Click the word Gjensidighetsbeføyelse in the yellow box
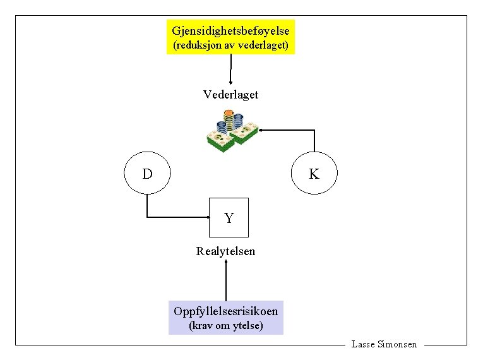(230, 30)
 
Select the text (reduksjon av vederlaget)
(230, 45)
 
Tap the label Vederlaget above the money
(230, 95)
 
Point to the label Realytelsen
(226, 251)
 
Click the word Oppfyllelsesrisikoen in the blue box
(225, 311)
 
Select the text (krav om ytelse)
(226, 326)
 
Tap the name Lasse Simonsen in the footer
(384, 344)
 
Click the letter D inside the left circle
(146, 174)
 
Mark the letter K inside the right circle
(314, 174)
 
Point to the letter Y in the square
(229, 219)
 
